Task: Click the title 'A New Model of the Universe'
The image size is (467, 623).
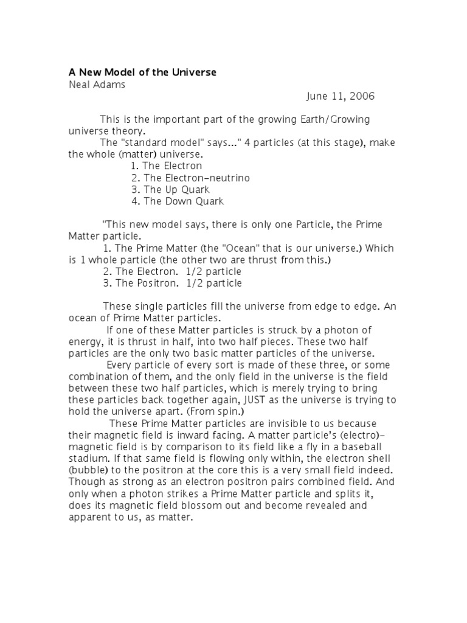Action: pyautogui.click(x=142, y=72)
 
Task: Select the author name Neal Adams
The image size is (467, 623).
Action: pyautogui.click(x=97, y=85)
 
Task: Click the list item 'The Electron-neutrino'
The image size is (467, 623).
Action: pyautogui.click(x=190, y=178)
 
